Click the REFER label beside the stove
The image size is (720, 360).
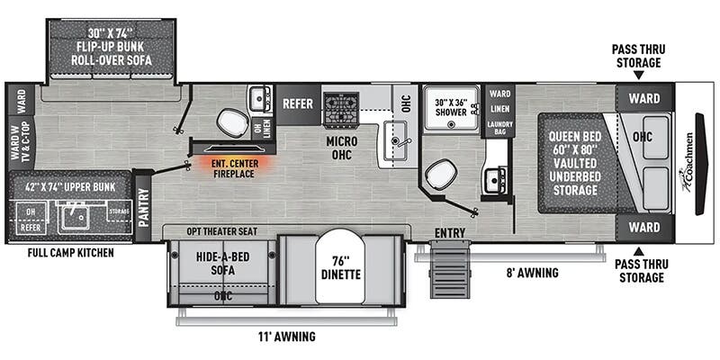[298, 103]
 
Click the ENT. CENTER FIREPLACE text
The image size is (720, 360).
[232, 167]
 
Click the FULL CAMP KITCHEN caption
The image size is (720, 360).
[70, 253]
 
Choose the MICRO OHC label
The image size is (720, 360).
[342, 147]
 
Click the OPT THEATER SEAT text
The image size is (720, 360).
[221, 232]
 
